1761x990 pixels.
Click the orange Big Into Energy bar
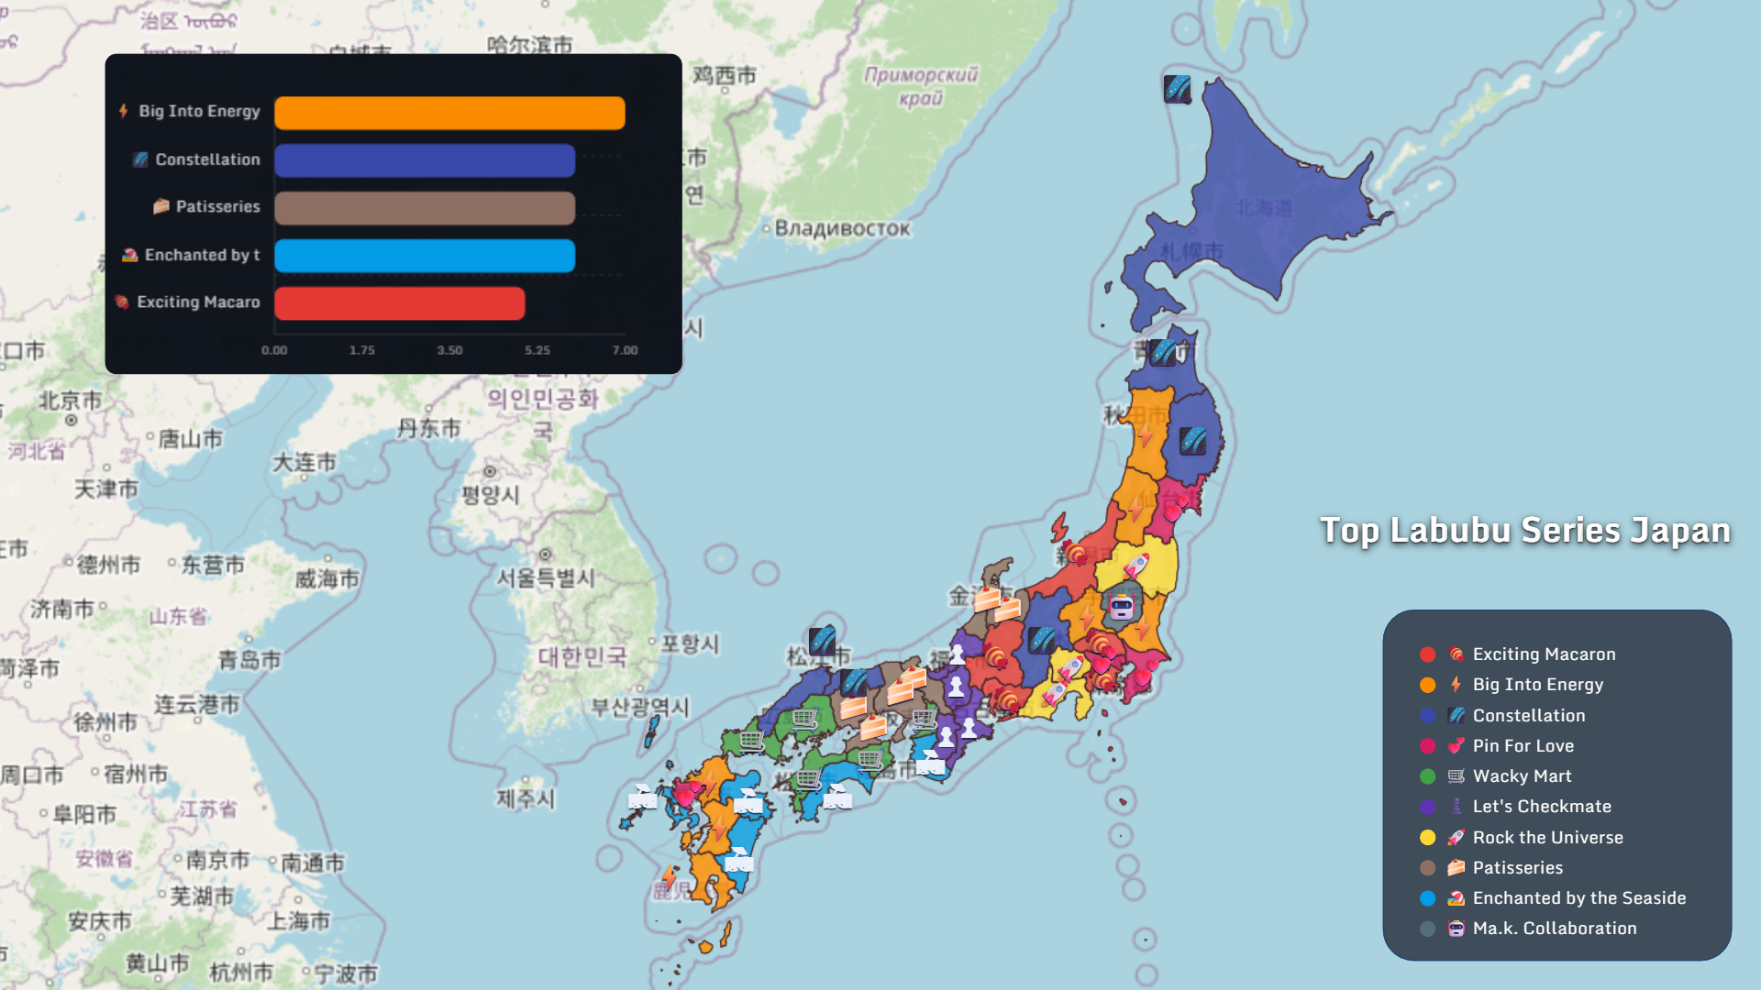tap(449, 113)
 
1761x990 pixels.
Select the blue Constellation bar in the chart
tap(425, 160)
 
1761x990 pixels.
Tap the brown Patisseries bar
tap(425, 208)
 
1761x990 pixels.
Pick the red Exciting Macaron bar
tap(400, 303)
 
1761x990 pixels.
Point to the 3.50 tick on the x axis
tap(449, 350)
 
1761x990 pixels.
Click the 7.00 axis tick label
tap(625, 350)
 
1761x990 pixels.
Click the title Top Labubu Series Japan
tap(1524, 531)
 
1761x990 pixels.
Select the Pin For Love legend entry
tap(1523, 746)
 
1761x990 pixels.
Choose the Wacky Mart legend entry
tap(1522, 776)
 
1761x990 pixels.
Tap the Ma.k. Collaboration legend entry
tap(1554, 929)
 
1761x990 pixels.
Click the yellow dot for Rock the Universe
tap(1427, 838)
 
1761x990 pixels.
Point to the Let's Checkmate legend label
tap(1541, 807)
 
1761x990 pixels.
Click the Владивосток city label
tap(842, 228)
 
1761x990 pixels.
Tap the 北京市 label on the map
tap(70, 401)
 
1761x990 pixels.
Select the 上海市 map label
tap(298, 920)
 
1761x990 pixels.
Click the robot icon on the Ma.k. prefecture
tap(1121, 606)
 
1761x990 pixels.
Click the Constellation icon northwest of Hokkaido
tap(1177, 89)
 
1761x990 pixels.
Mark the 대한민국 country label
tap(582, 656)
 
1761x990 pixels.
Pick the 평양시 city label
tap(490, 495)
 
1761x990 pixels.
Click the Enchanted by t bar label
tap(202, 256)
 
